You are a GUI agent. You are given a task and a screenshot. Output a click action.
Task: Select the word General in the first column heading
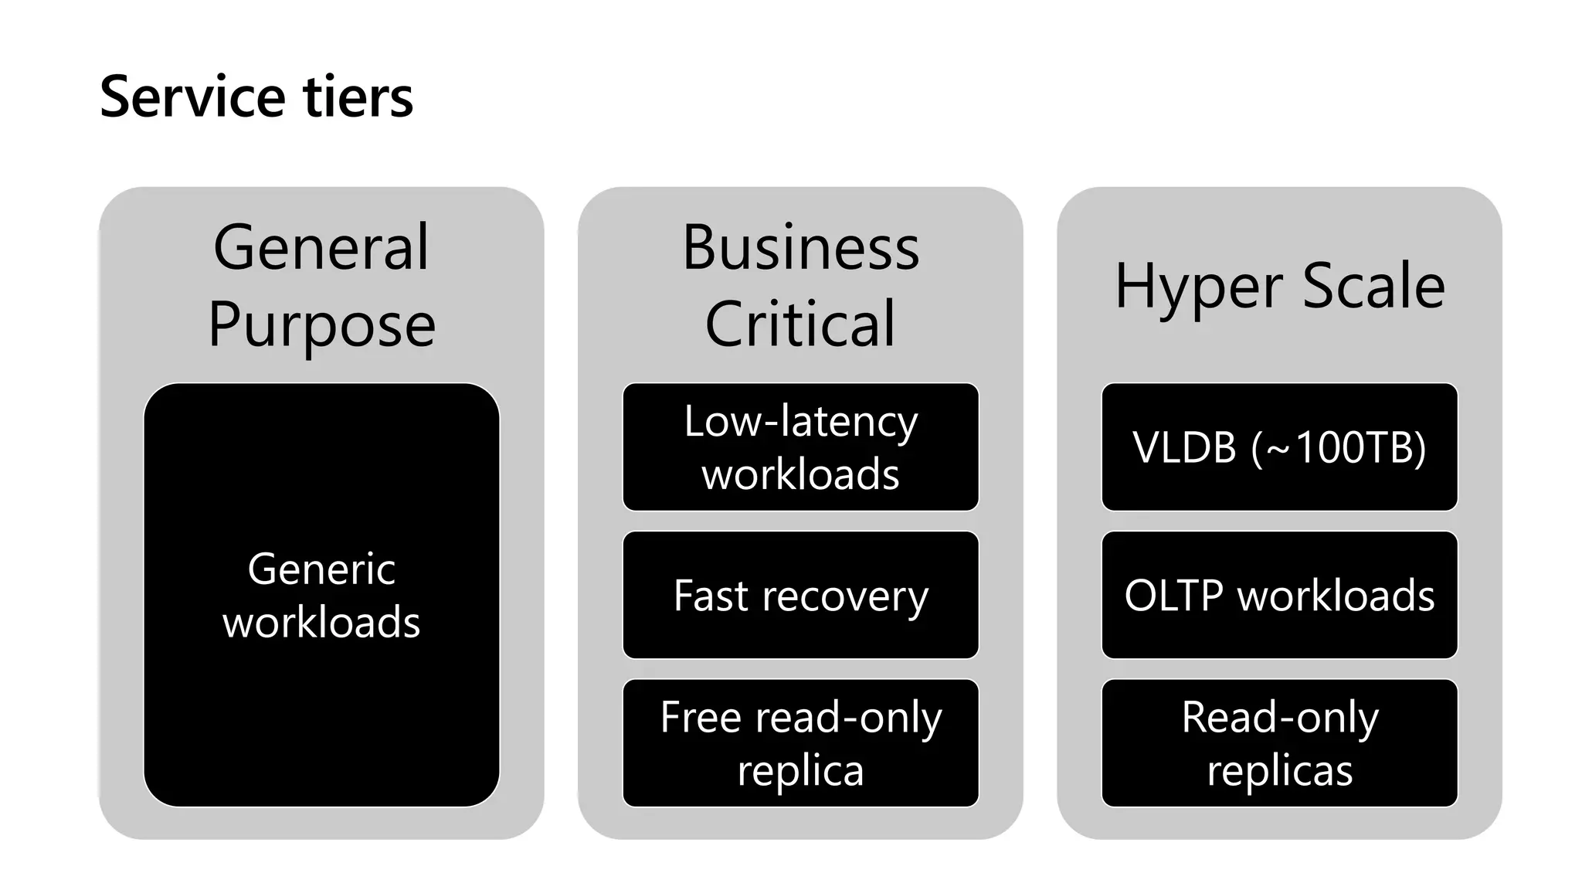point(321,247)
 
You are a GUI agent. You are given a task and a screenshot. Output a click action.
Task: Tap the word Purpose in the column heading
point(321,324)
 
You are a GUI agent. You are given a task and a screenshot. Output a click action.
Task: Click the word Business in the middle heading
point(800,247)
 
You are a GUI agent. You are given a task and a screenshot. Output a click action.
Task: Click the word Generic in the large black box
point(321,569)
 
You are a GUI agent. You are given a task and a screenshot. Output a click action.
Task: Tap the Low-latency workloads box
point(800,447)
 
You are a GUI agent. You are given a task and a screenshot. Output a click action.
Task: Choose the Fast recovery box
point(800,595)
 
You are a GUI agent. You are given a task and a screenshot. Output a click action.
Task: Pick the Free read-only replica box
point(800,743)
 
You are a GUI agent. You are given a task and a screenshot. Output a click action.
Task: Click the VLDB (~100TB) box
point(1279,447)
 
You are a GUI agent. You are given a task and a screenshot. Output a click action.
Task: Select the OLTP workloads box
point(1279,595)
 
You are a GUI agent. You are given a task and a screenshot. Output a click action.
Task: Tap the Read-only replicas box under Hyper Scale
point(1279,743)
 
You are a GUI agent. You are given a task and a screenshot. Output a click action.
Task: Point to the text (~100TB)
point(1338,447)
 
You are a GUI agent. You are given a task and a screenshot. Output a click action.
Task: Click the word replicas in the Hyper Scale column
point(1279,770)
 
